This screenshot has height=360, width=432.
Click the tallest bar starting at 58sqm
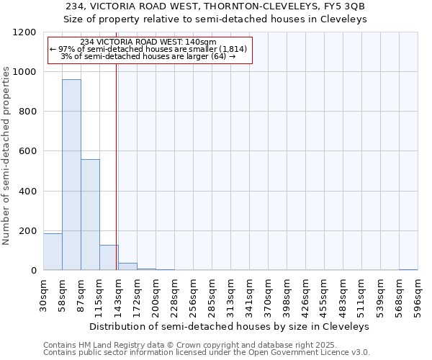coord(71,175)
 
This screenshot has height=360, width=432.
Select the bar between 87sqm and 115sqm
coord(90,215)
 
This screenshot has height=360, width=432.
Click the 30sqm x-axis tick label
coord(44,294)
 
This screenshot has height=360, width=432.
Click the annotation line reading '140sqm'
coord(149,42)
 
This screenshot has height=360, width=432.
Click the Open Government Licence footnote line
coord(206,353)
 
